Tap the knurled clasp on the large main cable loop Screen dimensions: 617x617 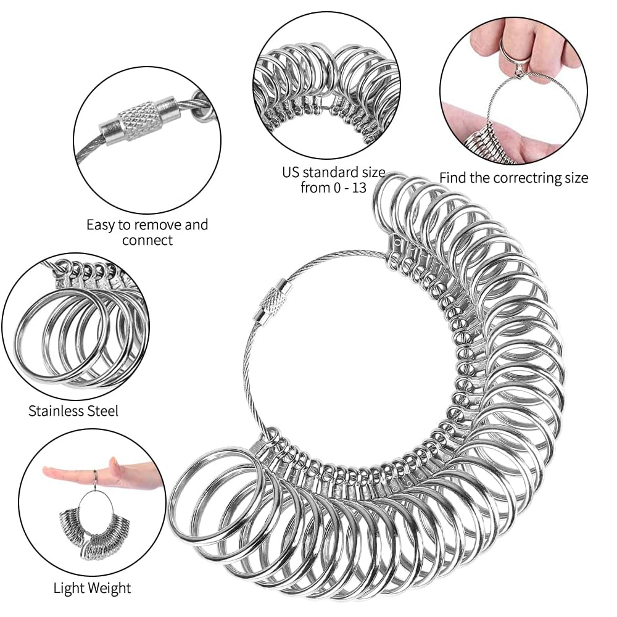271,300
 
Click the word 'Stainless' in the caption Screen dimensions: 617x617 57,411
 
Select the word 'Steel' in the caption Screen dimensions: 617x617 103,411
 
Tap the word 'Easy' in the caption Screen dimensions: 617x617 101,225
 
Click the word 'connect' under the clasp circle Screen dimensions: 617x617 147,241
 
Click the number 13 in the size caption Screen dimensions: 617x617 359,188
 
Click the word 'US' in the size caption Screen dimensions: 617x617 291,172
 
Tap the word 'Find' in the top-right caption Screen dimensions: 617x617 452,178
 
